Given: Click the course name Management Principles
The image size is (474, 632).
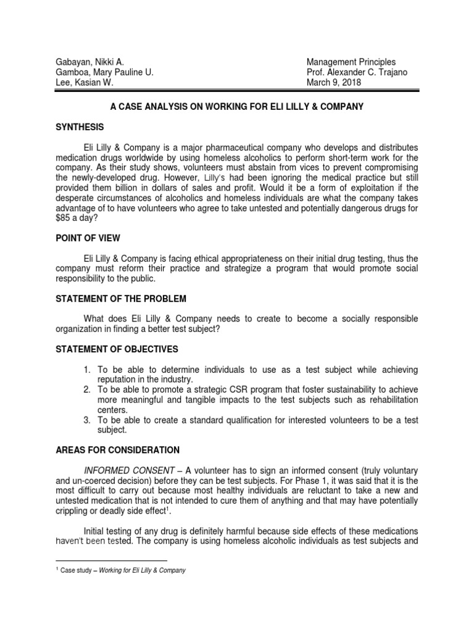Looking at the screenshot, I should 351,62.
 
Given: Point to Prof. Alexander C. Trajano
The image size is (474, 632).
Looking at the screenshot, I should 357,72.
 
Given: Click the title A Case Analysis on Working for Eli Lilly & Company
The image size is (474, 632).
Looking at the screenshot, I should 236,107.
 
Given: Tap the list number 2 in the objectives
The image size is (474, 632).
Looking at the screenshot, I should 88,389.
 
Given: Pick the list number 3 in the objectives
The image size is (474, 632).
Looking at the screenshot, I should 88,420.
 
